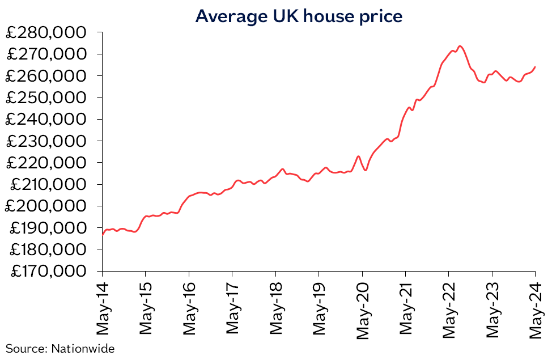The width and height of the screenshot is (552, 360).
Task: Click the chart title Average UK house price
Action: pos(299,16)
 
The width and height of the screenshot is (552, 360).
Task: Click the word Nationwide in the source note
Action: pos(83,349)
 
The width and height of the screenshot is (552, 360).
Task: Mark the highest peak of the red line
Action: pos(460,46)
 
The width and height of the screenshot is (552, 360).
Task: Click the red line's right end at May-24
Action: pos(536,66)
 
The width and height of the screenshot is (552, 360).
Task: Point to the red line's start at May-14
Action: pos(103,234)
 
